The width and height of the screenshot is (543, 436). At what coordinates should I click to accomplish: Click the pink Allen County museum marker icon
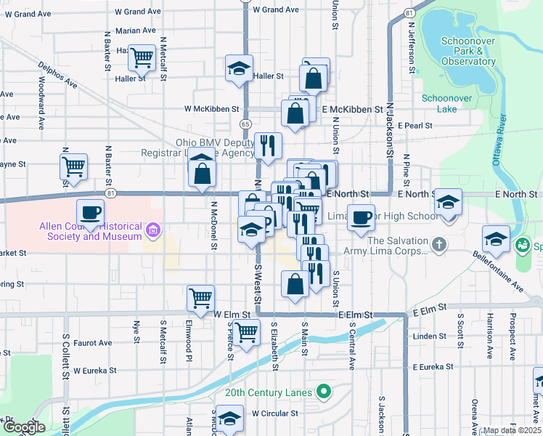(x=152, y=231)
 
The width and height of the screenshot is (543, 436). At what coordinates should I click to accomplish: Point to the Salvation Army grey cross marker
(x=438, y=246)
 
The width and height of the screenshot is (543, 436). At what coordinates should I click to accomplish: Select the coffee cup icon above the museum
(x=90, y=212)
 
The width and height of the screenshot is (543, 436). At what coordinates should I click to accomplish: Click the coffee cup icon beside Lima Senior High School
(x=361, y=217)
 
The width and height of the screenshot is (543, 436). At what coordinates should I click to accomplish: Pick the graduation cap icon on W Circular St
(x=230, y=420)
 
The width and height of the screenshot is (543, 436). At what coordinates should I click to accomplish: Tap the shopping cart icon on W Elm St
(x=200, y=296)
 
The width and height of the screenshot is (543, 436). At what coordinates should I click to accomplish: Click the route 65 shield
(x=246, y=125)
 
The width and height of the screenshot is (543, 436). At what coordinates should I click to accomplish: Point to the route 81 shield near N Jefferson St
(x=410, y=13)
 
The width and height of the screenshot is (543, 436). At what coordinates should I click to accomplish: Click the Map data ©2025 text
(x=512, y=430)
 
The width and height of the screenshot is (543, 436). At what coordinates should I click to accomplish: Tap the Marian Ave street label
(x=135, y=31)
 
